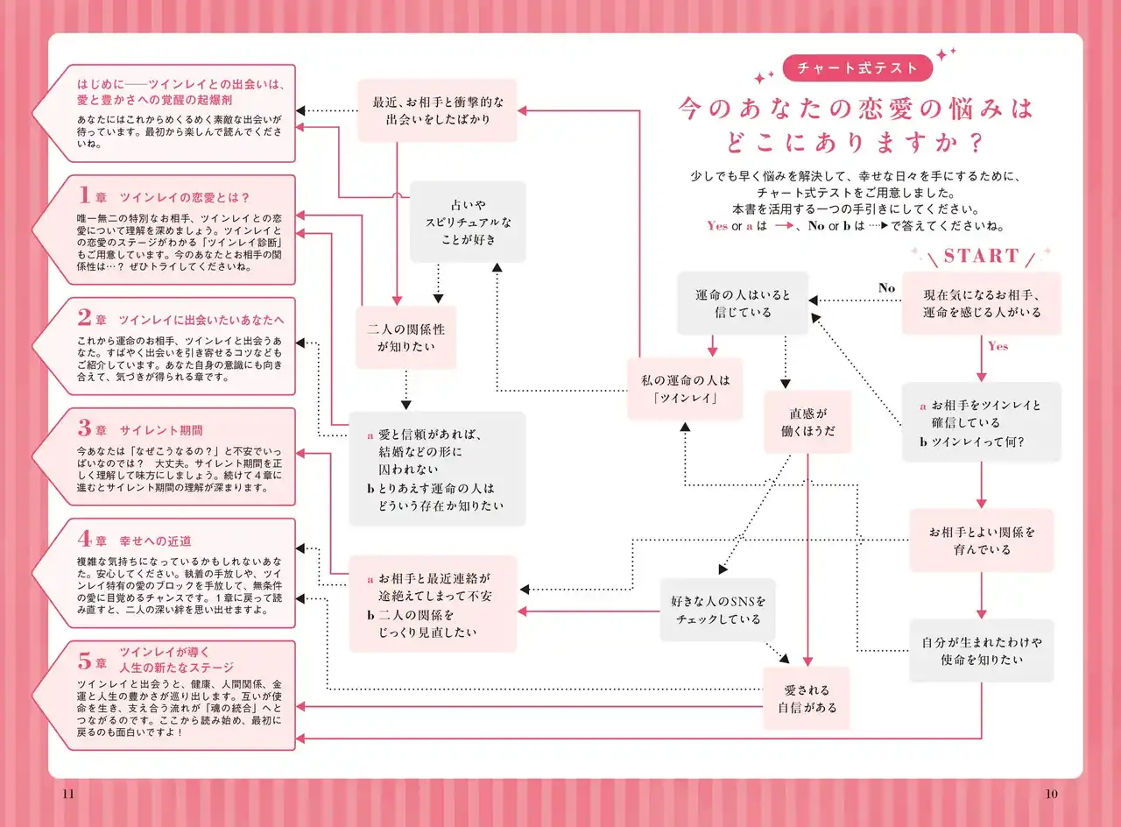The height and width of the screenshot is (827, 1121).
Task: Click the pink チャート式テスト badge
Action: (850, 67)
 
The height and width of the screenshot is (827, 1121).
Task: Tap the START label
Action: (981, 256)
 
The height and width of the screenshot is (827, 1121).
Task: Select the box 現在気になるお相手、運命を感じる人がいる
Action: (981, 303)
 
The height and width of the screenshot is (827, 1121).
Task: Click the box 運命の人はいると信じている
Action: (743, 303)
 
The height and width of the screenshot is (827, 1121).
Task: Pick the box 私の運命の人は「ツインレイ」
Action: (684, 388)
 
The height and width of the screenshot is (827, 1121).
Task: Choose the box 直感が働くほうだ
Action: (807, 421)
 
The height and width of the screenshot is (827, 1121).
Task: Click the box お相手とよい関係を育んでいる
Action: (981, 541)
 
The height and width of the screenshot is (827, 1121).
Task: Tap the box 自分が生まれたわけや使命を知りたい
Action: (981, 650)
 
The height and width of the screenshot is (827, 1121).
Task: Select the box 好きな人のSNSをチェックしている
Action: (718, 610)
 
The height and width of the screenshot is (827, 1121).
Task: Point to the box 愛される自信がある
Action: (807, 698)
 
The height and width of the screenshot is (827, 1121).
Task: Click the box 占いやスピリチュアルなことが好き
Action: (469, 222)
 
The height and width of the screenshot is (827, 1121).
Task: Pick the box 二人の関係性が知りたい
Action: (405, 337)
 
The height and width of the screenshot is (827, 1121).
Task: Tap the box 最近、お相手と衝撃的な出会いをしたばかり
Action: (437, 110)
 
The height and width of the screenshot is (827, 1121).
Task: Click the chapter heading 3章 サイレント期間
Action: (141, 430)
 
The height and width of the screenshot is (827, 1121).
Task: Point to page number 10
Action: (1052, 794)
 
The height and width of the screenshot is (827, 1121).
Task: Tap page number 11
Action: (69, 794)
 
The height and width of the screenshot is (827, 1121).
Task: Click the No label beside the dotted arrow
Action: (886, 288)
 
